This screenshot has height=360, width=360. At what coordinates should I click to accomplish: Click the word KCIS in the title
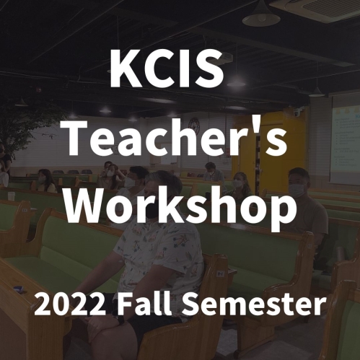click(x=167, y=69)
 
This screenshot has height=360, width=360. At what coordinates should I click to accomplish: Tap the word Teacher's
click(x=176, y=137)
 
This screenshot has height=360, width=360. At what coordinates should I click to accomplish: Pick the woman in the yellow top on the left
click(x=46, y=181)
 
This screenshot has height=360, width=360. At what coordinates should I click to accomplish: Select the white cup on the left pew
click(x=11, y=196)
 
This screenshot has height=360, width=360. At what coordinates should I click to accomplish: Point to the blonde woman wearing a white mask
click(x=240, y=183)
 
